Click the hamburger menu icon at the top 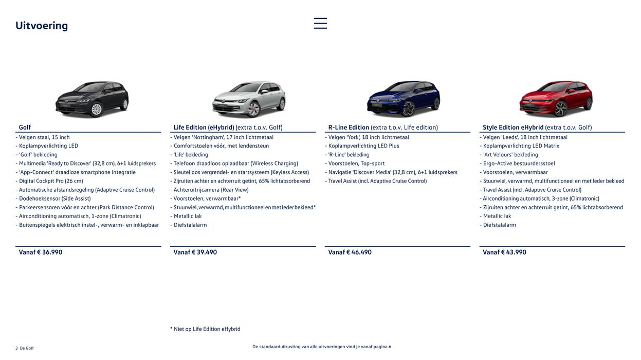coord(320,23)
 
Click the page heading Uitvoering coord(42,26)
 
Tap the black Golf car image coord(92,99)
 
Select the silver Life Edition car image coord(249,99)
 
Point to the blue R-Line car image coord(404,99)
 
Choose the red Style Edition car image coord(556,99)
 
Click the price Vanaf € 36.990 coord(41,252)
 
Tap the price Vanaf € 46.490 coord(350,252)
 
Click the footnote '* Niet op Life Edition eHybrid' coord(205,329)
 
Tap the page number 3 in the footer coord(16,348)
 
